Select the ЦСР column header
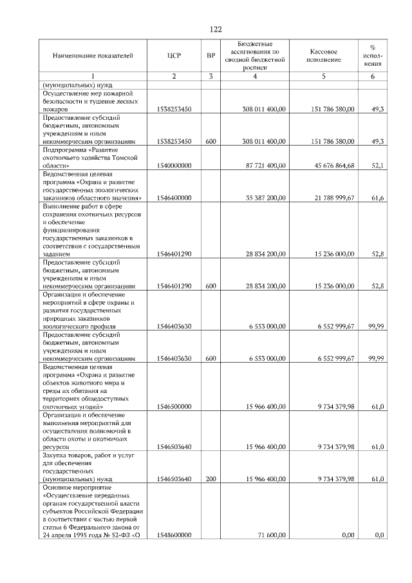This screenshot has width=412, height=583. pyautogui.click(x=173, y=56)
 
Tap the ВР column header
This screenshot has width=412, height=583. pyautogui.click(x=210, y=56)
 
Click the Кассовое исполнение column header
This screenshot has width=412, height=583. pyautogui.click(x=324, y=56)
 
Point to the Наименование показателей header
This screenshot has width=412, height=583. pyautogui.click(x=93, y=56)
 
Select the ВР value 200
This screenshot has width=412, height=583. pyautogui.click(x=210, y=479)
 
